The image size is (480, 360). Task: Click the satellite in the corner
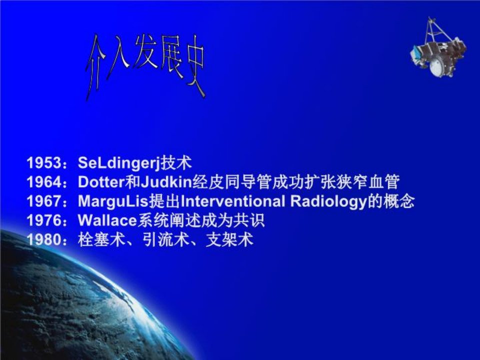pos(438,47)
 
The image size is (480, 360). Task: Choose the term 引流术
pos(165,239)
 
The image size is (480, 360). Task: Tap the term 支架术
pos(229,239)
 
